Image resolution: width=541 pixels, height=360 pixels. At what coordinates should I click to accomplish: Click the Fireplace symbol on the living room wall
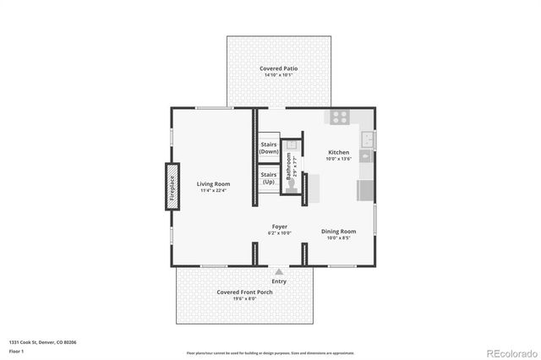coord(172,186)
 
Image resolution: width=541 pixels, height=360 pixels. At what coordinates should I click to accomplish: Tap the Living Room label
coord(214,183)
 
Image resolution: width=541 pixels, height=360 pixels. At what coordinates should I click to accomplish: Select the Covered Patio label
coord(278,68)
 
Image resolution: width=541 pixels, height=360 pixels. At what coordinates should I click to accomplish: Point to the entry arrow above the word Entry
coord(279,272)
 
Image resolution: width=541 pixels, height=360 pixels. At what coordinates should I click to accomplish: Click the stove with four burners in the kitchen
coord(340,117)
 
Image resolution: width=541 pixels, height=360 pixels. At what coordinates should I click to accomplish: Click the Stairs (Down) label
coord(269,148)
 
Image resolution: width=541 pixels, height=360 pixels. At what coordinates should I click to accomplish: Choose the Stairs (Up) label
coord(269,179)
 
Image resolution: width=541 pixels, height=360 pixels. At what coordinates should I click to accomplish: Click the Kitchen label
coord(338,153)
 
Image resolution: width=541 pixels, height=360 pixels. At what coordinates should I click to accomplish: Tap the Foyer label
coord(279,226)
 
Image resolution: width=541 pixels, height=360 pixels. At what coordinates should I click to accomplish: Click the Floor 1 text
coord(16,350)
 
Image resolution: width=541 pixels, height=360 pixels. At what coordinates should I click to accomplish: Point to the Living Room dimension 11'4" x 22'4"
coord(215,190)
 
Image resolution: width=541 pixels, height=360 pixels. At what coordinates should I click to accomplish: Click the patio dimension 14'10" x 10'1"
coord(278,75)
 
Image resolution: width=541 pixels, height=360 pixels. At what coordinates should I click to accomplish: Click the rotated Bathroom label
coord(288,165)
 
